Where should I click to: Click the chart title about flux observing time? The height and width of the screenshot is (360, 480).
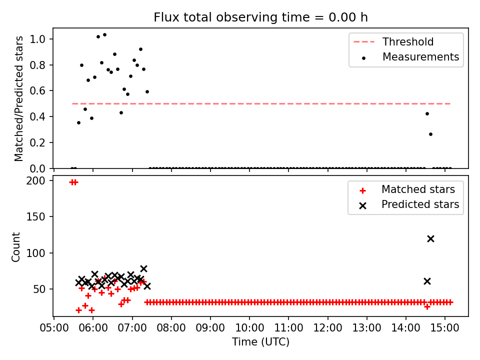(x=260, y=17)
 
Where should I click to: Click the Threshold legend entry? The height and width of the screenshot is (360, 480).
(x=393, y=41)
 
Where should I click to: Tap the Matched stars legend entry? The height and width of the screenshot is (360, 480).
(x=407, y=189)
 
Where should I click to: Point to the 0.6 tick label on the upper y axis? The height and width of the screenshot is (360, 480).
(x=37, y=91)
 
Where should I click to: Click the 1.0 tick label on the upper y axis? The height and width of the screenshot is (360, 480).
(x=37, y=39)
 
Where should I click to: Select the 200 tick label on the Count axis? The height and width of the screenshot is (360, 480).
(x=35, y=181)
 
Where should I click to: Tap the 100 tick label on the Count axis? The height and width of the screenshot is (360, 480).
(x=35, y=253)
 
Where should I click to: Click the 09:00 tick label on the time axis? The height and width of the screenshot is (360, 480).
(x=210, y=328)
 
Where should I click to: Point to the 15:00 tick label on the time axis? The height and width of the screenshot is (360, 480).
(x=445, y=328)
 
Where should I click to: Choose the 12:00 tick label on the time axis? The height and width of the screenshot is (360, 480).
(x=327, y=328)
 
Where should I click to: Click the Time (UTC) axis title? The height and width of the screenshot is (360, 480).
(x=260, y=341)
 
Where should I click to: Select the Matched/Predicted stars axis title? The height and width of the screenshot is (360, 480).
(x=18, y=98)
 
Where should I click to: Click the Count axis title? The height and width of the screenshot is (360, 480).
(x=15, y=246)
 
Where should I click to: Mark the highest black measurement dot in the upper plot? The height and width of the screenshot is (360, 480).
(x=104, y=35)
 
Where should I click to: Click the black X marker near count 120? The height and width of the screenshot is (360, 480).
(x=430, y=239)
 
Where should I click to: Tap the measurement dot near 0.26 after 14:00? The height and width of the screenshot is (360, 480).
(x=430, y=134)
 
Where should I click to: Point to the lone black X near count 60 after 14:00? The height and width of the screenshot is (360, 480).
(x=427, y=281)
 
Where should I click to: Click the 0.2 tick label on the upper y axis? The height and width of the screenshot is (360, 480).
(x=37, y=142)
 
